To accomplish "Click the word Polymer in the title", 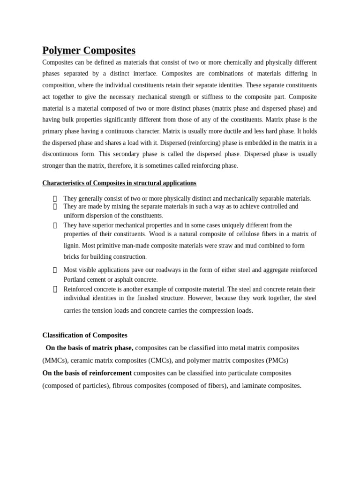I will click(x=61, y=51).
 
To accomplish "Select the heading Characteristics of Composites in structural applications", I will click(x=119, y=183).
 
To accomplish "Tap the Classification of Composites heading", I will click(x=85, y=335).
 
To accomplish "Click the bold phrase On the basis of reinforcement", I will click(x=87, y=373).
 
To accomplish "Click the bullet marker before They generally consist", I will click(x=55, y=199).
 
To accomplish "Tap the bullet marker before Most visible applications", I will click(x=55, y=270).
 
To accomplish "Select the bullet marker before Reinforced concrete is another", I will click(x=55, y=289).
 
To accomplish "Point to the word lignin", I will click(x=71, y=246).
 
